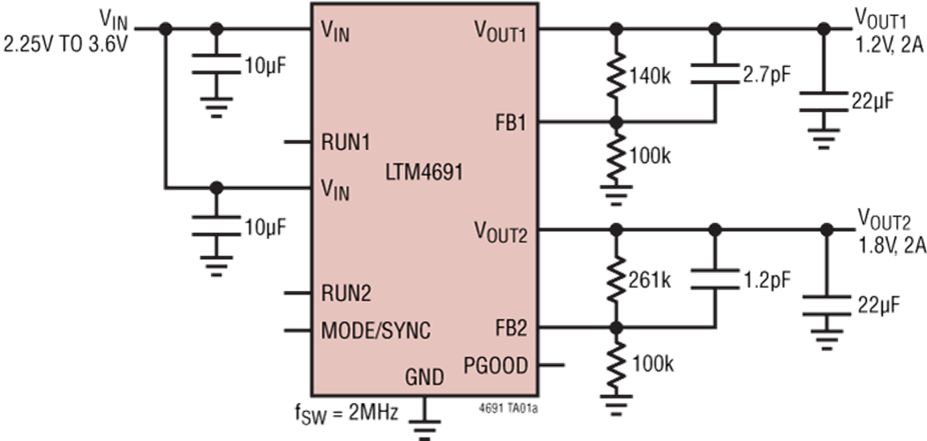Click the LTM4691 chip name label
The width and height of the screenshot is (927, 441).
point(424,173)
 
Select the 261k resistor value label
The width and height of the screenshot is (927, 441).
point(650,280)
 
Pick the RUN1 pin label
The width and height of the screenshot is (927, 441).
point(346,142)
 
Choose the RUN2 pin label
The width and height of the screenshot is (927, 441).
point(346,293)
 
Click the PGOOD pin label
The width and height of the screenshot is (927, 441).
point(494,366)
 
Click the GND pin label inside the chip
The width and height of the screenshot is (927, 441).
point(424,376)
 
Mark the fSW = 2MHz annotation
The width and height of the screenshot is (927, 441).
point(346,413)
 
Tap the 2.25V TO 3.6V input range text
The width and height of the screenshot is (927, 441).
point(65,44)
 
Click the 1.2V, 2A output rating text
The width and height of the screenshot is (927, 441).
point(891,42)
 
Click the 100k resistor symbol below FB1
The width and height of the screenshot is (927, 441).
point(616,157)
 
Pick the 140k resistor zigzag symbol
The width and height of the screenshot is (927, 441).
point(616,76)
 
